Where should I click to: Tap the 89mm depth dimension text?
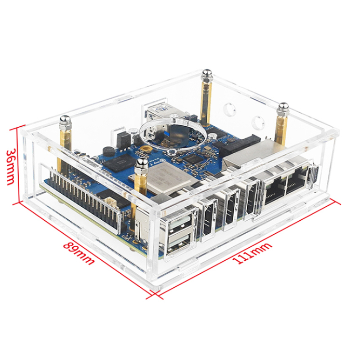(x=79, y=251)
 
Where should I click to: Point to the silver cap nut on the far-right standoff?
(x=283, y=107)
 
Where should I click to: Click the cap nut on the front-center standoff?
(x=140, y=165)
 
